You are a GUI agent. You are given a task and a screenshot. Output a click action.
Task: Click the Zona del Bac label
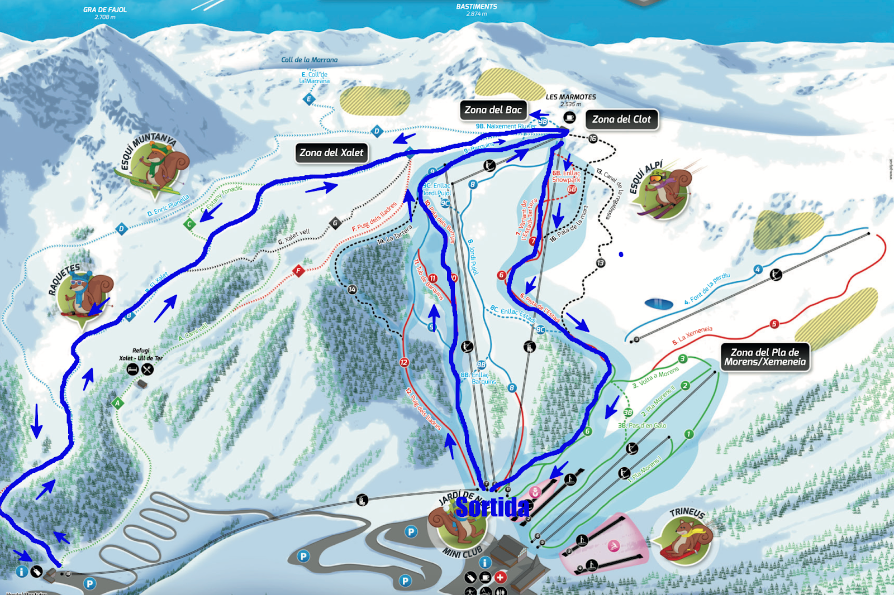click(493, 110)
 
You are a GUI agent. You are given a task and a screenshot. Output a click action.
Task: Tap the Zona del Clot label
click(621, 119)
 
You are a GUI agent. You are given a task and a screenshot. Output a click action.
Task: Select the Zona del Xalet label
click(331, 152)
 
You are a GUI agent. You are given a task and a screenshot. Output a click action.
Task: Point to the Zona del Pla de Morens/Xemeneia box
click(765, 357)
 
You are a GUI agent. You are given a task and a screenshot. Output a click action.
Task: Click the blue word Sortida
click(492, 507)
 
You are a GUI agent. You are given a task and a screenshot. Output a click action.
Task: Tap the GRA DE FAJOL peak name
click(105, 9)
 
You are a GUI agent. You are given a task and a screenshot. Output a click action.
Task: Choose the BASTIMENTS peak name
click(476, 7)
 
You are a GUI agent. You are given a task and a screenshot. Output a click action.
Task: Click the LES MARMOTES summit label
click(570, 97)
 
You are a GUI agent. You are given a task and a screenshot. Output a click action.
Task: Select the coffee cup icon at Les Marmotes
click(569, 117)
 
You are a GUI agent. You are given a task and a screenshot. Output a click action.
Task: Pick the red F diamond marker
click(298, 271)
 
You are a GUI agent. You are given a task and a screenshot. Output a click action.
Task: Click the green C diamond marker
click(189, 224)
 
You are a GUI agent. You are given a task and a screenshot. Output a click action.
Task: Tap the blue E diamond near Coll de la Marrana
click(308, 99)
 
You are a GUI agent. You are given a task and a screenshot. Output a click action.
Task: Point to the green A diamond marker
click(117, 403)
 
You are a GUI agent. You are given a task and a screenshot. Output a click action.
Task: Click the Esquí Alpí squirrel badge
click(665, 193)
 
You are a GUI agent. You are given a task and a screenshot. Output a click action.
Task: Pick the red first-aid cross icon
click(500, 578)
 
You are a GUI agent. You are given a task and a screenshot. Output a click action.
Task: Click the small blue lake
click(659, 304)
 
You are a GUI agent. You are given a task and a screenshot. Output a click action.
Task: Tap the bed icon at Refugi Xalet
click(132, 370)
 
